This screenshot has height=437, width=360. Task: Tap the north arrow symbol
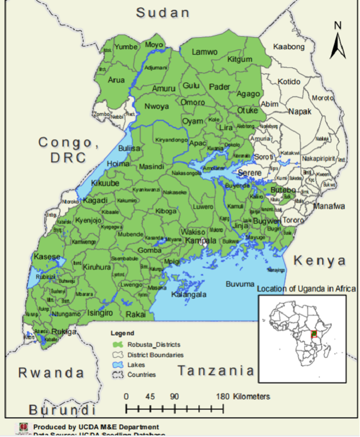(x=338, y=42)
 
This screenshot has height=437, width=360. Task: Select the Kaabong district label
(x=288, y=47)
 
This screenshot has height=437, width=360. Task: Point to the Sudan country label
(x=162, y=13)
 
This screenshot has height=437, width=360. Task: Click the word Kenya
(x=320, y=261)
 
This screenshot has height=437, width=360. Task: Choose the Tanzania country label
(x=216, y=371)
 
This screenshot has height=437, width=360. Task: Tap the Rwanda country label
(x=51, y=373)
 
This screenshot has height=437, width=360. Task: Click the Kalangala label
(x=189, y=294)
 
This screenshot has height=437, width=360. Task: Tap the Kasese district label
(x=44, y=256)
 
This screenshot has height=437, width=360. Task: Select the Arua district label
(x=116, y=80)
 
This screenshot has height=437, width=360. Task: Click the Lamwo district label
(x=205, y=52)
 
